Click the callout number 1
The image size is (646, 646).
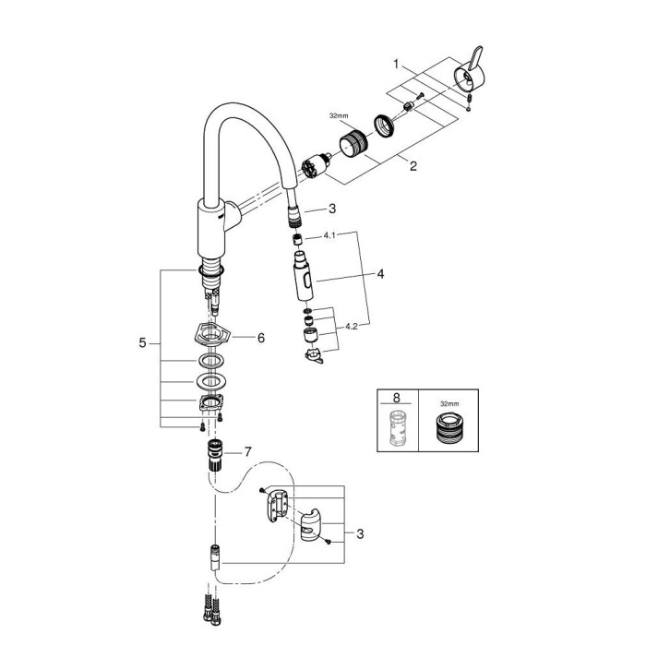pyautogui.click(x=396, y=65)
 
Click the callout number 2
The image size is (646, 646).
pyautogui.click(x=413, y=166)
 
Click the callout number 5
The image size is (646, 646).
pyautogui.click(x=143, y=342)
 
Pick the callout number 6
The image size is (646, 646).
pyautogui.click(x=261, y=339)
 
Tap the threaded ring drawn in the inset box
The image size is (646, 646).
pyautogui.click(x=448, y=431)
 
